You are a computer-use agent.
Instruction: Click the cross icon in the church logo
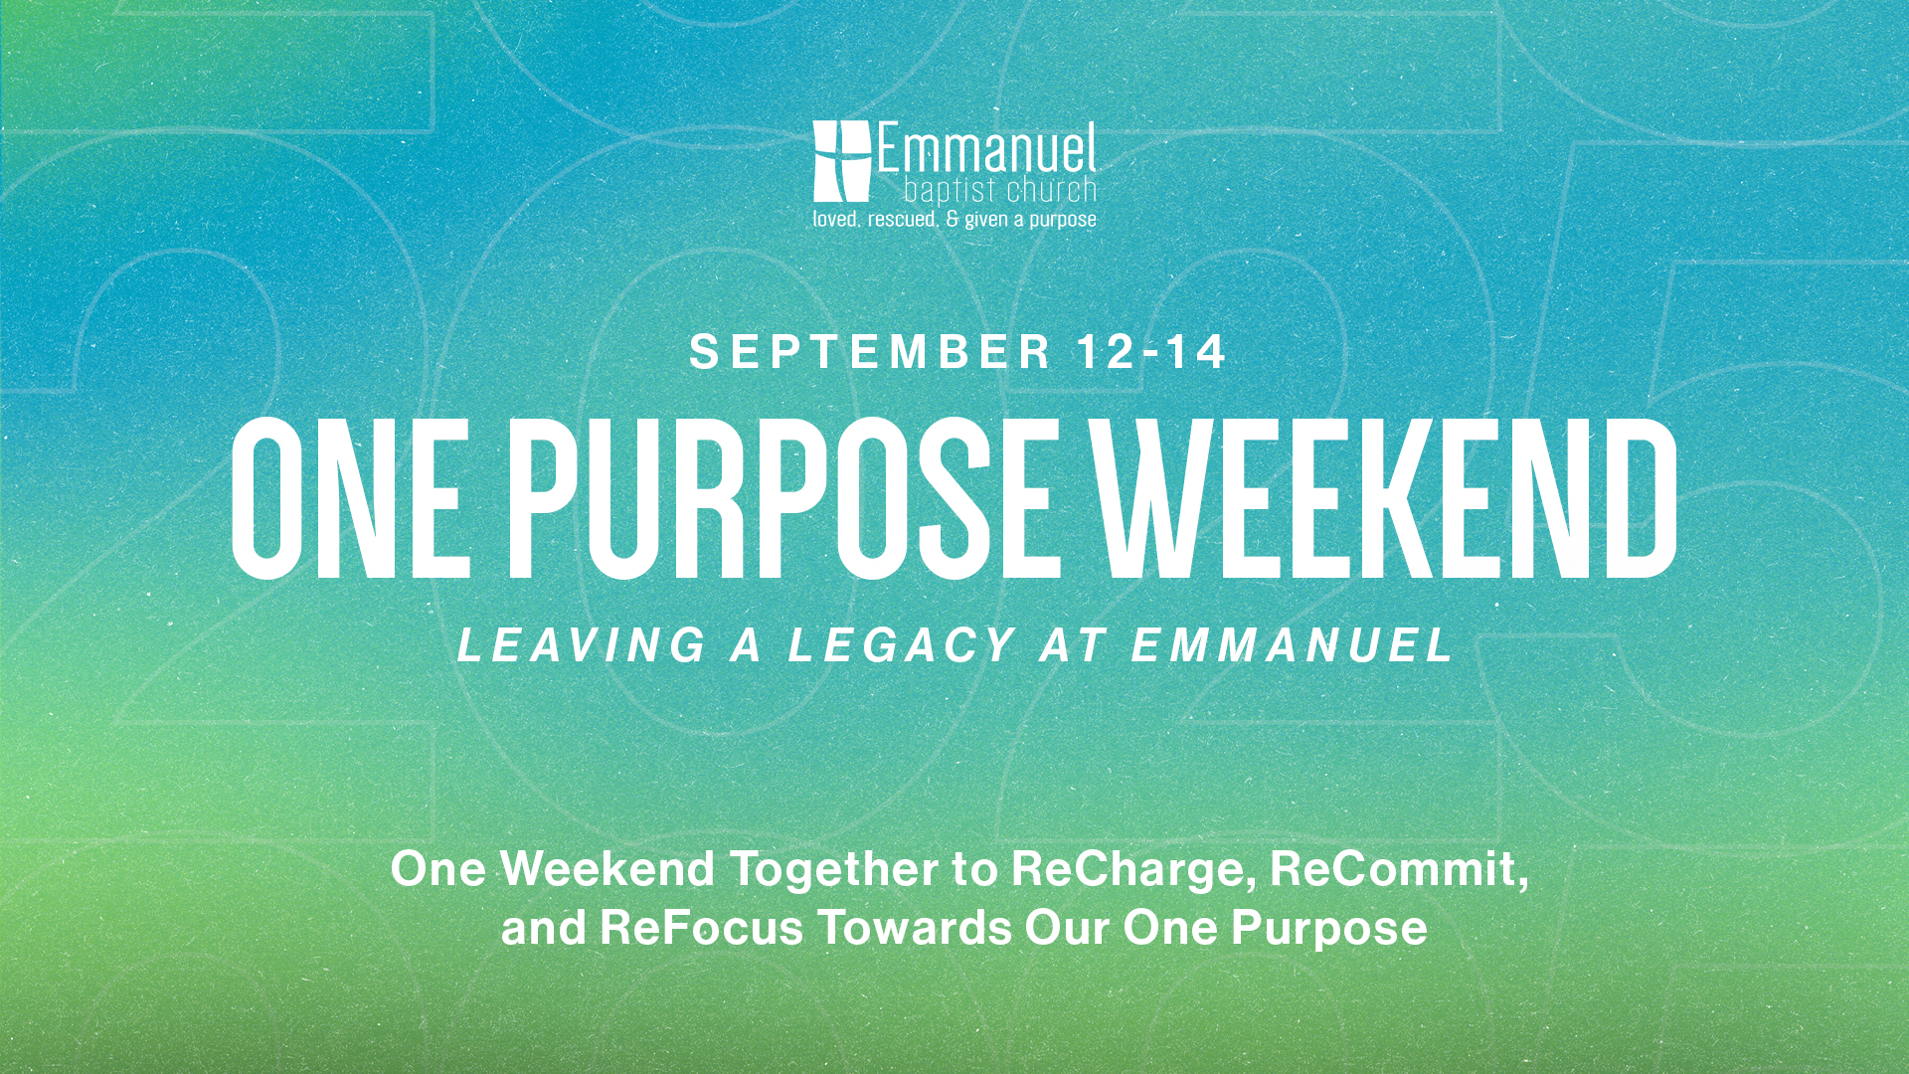[x=841, y=161]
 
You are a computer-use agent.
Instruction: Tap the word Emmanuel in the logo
[x=985, y=149]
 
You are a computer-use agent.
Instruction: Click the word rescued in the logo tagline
[x=902, y=219]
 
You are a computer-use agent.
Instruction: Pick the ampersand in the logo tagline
[x=953, y=219]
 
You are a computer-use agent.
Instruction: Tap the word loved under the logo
[x=836, y=219]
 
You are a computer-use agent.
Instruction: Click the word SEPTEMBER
[x=871, y=352]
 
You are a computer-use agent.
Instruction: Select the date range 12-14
[x=1152, y=352]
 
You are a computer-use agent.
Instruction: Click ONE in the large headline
[x=350, y=497]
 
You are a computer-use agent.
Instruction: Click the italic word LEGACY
[x=903, y=645]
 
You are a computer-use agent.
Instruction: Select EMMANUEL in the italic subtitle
[x=1294, y=645]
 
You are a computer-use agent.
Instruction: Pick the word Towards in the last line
[x=915, y=928]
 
